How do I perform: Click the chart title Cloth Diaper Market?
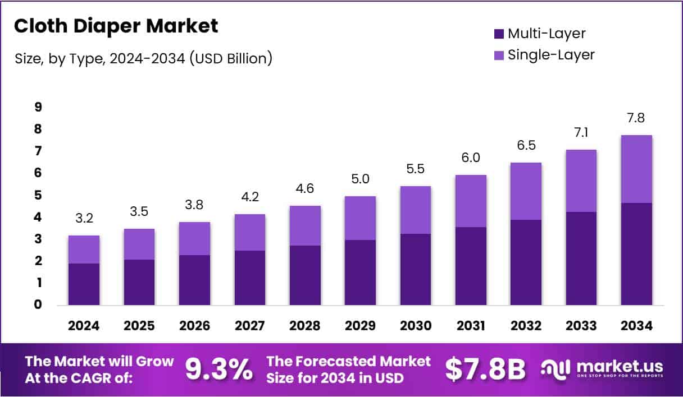click(116, 26)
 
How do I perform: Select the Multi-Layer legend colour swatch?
click(499, 34)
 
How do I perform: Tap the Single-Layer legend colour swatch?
click(499, 55)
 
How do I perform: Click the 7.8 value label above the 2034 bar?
click(636, 118)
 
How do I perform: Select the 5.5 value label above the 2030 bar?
click(415, 169)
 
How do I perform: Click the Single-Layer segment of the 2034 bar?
click(636, 169)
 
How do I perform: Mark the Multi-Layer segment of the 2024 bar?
click(83, 284)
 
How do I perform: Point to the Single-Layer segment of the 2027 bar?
click(249, 232)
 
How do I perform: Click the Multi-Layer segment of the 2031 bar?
click(471, 266)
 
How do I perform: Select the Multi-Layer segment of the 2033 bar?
click(581, 258)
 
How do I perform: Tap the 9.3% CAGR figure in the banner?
click(219, 370)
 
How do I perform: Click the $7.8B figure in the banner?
click(485, 370)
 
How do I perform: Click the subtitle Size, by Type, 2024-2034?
click(143, 58)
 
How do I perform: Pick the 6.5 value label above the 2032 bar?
click(526, 146)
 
